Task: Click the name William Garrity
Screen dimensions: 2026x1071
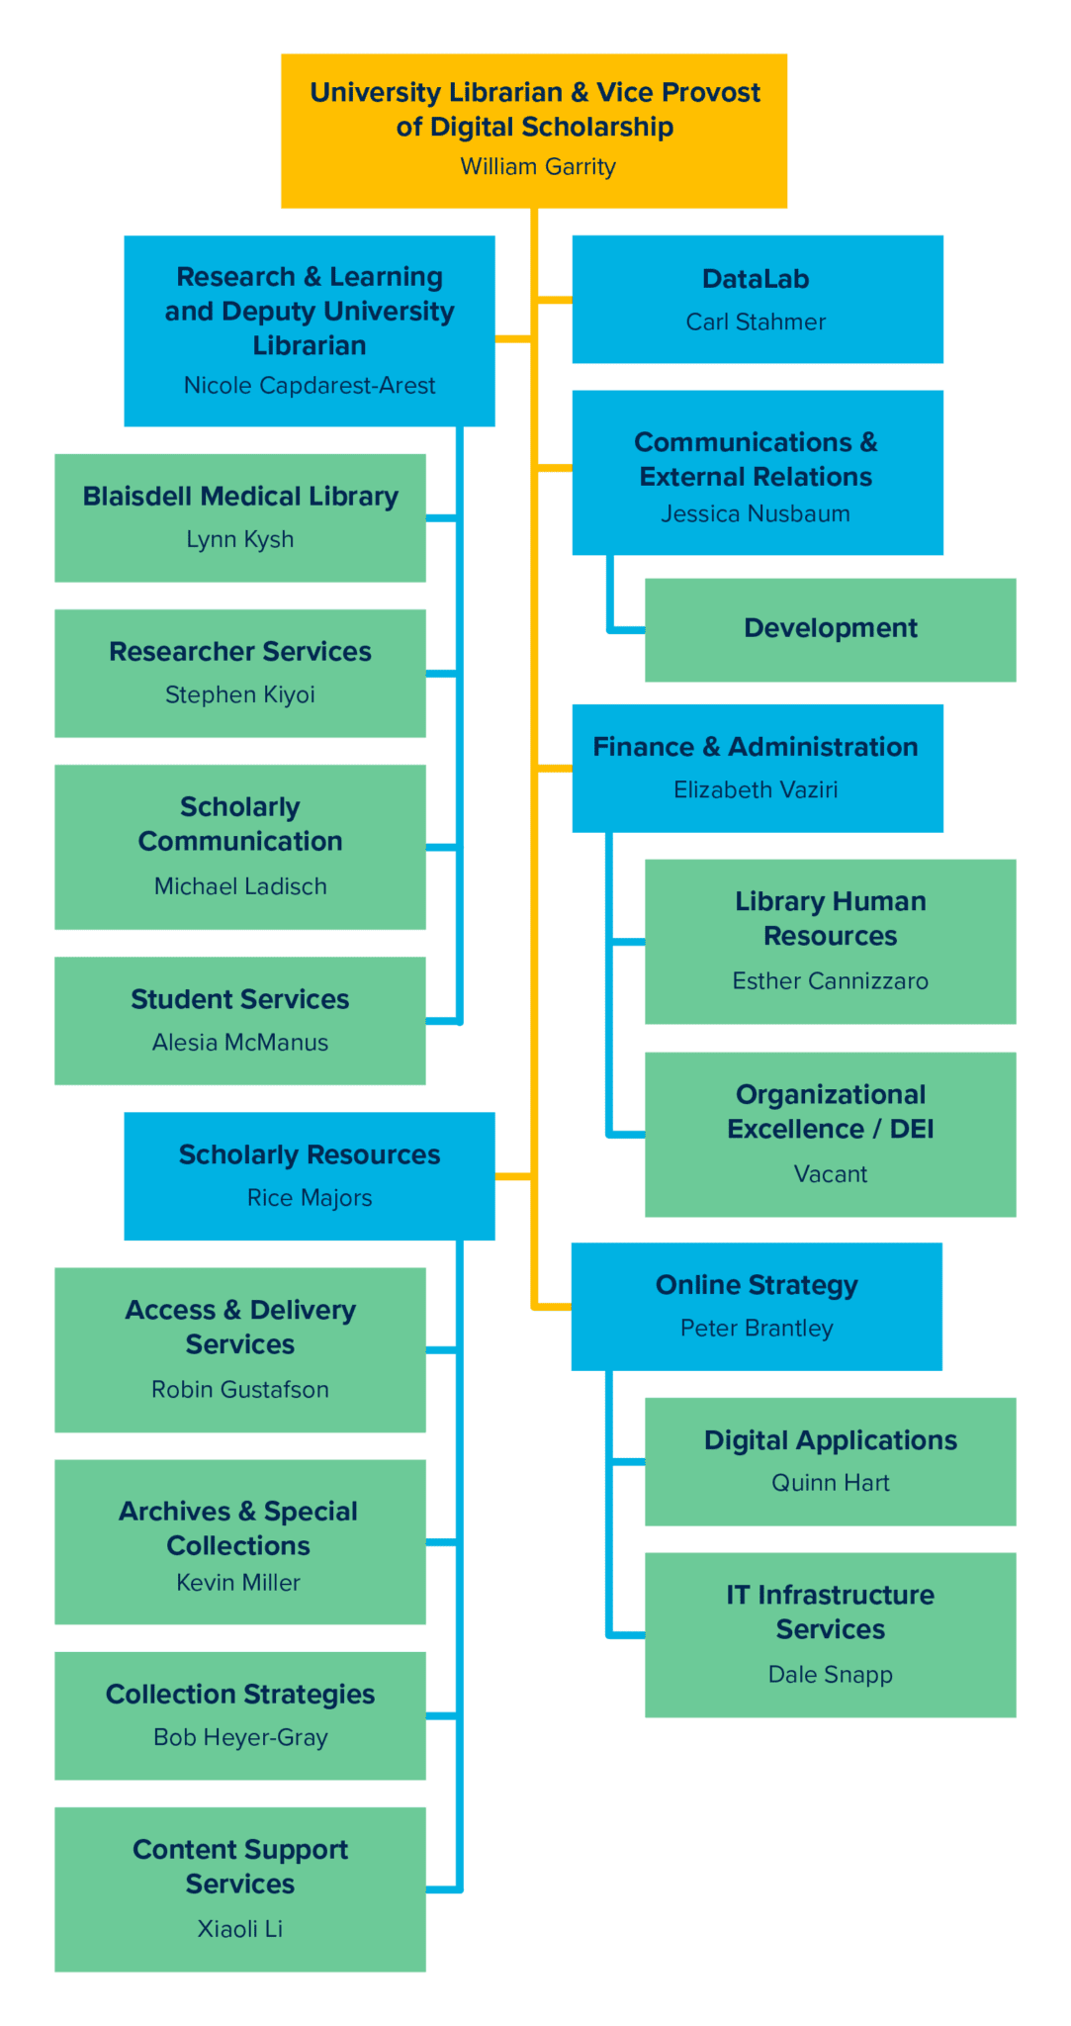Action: pos(538,166)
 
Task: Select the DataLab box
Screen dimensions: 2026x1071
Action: pos(758,299)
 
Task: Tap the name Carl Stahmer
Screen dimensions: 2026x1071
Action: pos(756,322)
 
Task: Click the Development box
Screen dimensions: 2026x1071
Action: pos(830,629)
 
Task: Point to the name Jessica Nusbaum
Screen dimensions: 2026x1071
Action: pos(756,513)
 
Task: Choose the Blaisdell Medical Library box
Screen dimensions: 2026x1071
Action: pos(240,517)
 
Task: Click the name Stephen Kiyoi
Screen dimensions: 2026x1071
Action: pos(240,694)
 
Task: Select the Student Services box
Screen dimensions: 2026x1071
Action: pos(240,1020)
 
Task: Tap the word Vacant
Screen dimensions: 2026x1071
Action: pos(830,1174)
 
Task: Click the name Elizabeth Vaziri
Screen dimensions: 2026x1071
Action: pos(756,789)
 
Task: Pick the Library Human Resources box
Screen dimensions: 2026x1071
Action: pos(830,941)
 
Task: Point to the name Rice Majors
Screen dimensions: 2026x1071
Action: pos(310,1198)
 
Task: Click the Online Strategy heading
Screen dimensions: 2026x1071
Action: pos(757,1285)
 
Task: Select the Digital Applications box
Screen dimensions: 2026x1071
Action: pos(830,1460)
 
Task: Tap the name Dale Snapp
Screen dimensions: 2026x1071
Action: pos(830,1675)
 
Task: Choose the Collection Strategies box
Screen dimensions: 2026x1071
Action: pos(240,1714)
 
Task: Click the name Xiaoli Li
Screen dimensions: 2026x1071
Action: pos(240,1929)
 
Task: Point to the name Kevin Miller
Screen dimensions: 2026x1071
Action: pos(238,1583)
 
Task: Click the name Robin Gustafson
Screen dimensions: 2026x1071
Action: pos(240,1390)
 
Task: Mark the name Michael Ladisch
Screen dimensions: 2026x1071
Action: pos(240,886)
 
